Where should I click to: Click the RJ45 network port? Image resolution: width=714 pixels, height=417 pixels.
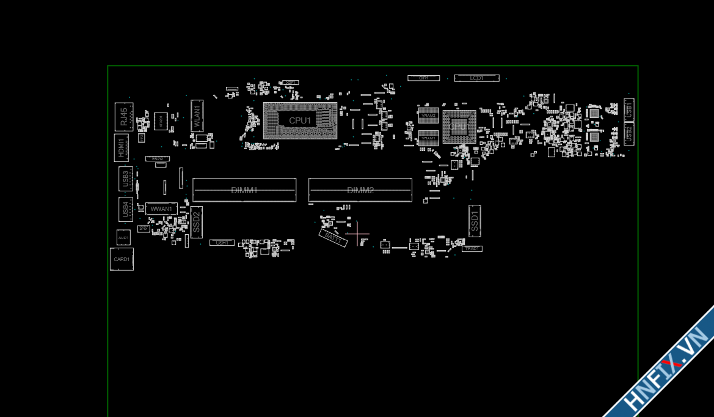pyautogui.click(x=124, y=116)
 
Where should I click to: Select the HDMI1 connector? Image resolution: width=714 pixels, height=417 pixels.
pyautogui.click(x=122, y=148)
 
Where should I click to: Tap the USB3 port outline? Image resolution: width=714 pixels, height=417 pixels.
pyautogui.click(x=126, y=179)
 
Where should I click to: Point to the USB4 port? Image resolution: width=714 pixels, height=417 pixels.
pyautogui.click(x=126, y=209)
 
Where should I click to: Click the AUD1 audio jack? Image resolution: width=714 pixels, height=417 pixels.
pyautogui.click(x=123, y=237)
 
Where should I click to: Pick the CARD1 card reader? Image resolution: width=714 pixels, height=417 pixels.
pyautogui.click(x=122, y=259)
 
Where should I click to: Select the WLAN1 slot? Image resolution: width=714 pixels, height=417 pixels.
pyautogui.click(x=197, y=116)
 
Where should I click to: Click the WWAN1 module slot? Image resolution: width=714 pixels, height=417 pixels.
pyautogui.click(x=161, y=208)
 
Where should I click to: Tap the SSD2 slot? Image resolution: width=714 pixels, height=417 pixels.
pyautogui.click(x=196, y=222)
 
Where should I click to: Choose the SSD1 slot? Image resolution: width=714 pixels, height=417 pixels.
pyautogui.click(x=475, y=221)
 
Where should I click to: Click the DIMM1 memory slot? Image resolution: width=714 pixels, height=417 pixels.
pyautogui.click(x=244, y=190)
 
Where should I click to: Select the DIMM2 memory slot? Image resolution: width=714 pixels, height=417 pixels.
pyautogui.click(x=360, y=190)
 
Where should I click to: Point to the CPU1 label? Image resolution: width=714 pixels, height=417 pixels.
pyautogui.click(x=300, y=120)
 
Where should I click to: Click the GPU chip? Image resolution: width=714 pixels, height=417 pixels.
pyautogui.click(x=459, y=127)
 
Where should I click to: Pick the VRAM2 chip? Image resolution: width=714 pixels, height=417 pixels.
pyautogui.click(x=429, y=115)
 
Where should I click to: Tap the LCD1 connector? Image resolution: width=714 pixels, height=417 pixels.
pyautogui.click(x=476, y=78)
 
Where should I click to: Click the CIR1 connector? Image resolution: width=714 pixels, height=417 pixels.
pyautogui.click(x=423, y=78)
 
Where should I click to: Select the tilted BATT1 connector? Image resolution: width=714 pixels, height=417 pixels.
pyautogui.click(x=333, y=238)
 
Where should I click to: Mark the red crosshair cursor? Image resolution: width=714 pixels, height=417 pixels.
pyautogui.click(x=357, y=234)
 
